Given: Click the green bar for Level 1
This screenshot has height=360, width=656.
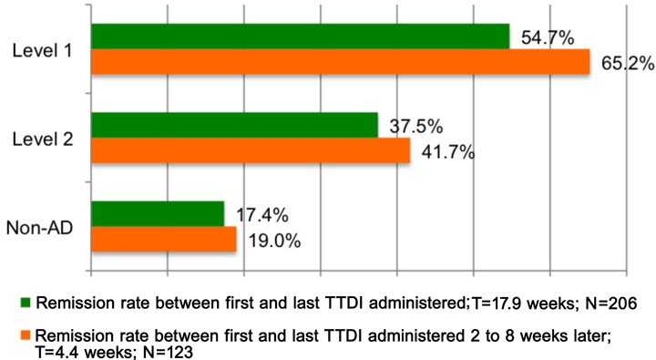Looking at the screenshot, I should [x=301, y=36].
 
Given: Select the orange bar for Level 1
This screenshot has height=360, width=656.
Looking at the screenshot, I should [x=342, y=62].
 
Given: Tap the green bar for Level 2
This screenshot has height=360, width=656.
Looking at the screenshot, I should [x=235, y=125].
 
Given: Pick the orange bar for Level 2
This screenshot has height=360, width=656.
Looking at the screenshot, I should [x=251, y=150].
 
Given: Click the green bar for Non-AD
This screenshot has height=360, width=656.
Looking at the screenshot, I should [x=158, y=214].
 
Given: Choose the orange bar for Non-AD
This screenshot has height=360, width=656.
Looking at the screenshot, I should [x=164, y=239].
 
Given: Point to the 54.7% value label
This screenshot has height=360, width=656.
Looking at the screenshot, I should [x=547, y=38].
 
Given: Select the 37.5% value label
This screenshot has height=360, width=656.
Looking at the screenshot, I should [x=415, y=126].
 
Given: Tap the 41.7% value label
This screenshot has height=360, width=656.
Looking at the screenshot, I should [x=447, y=152].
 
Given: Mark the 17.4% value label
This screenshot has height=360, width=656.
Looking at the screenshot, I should [x=261, y=215].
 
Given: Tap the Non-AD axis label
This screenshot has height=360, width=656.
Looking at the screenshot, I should [x=41, y=227].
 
